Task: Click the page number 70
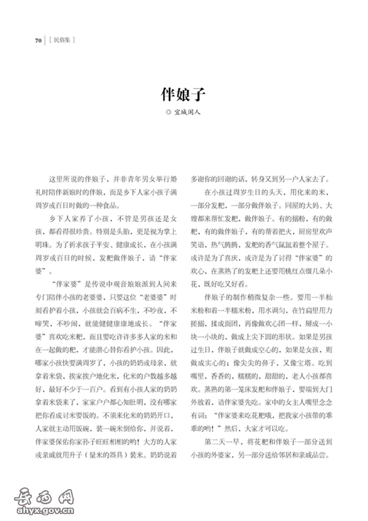[x=38, y=41]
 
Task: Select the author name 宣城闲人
[x=187, y=113]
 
